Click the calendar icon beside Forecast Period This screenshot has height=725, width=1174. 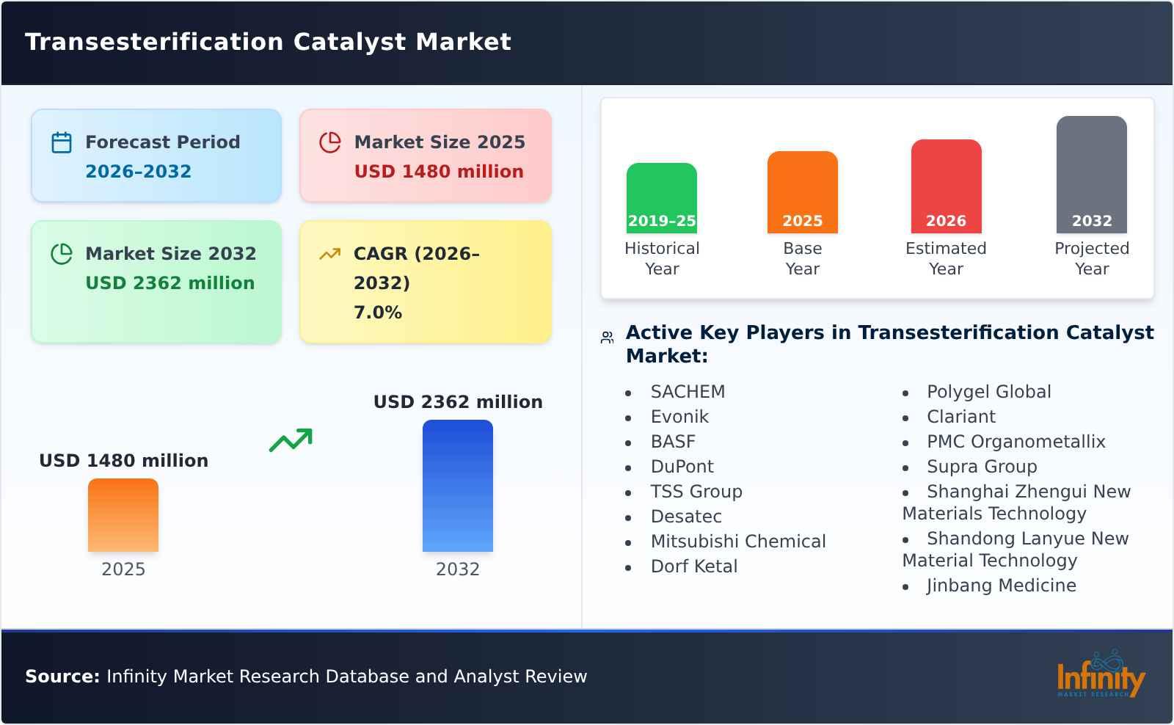(x=62, y=142)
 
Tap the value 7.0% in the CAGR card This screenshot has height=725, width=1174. (x=377, y=313)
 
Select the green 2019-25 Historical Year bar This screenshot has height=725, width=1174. (x=661, y=198)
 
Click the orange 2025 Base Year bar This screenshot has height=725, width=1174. (x=802, y=192)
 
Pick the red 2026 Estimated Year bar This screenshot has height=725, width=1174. (x=946, y=186)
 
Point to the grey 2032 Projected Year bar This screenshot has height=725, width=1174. (x=1091, y=175)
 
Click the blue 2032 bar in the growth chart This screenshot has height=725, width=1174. (x=457, y=486)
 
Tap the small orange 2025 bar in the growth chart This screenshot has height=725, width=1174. (x=123, y=515)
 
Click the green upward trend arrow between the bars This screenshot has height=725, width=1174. (x=291, y=440)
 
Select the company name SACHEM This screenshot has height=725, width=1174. (x=688, y=392)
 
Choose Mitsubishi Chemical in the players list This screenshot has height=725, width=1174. (x=737, y=542)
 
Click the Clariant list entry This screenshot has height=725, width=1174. (x=960, y=417)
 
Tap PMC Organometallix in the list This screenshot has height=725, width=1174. (x=1016, y=442)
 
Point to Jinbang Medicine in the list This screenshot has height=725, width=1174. (x=1001, y=586)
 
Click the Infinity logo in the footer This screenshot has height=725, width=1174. (x=1100, y=677)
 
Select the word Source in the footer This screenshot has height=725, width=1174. (x=62, y=677)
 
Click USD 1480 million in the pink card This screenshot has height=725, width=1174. (x=439, y=172)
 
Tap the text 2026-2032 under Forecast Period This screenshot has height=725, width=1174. (x=138, y=172)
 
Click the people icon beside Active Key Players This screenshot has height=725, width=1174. (x=607, y=338)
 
